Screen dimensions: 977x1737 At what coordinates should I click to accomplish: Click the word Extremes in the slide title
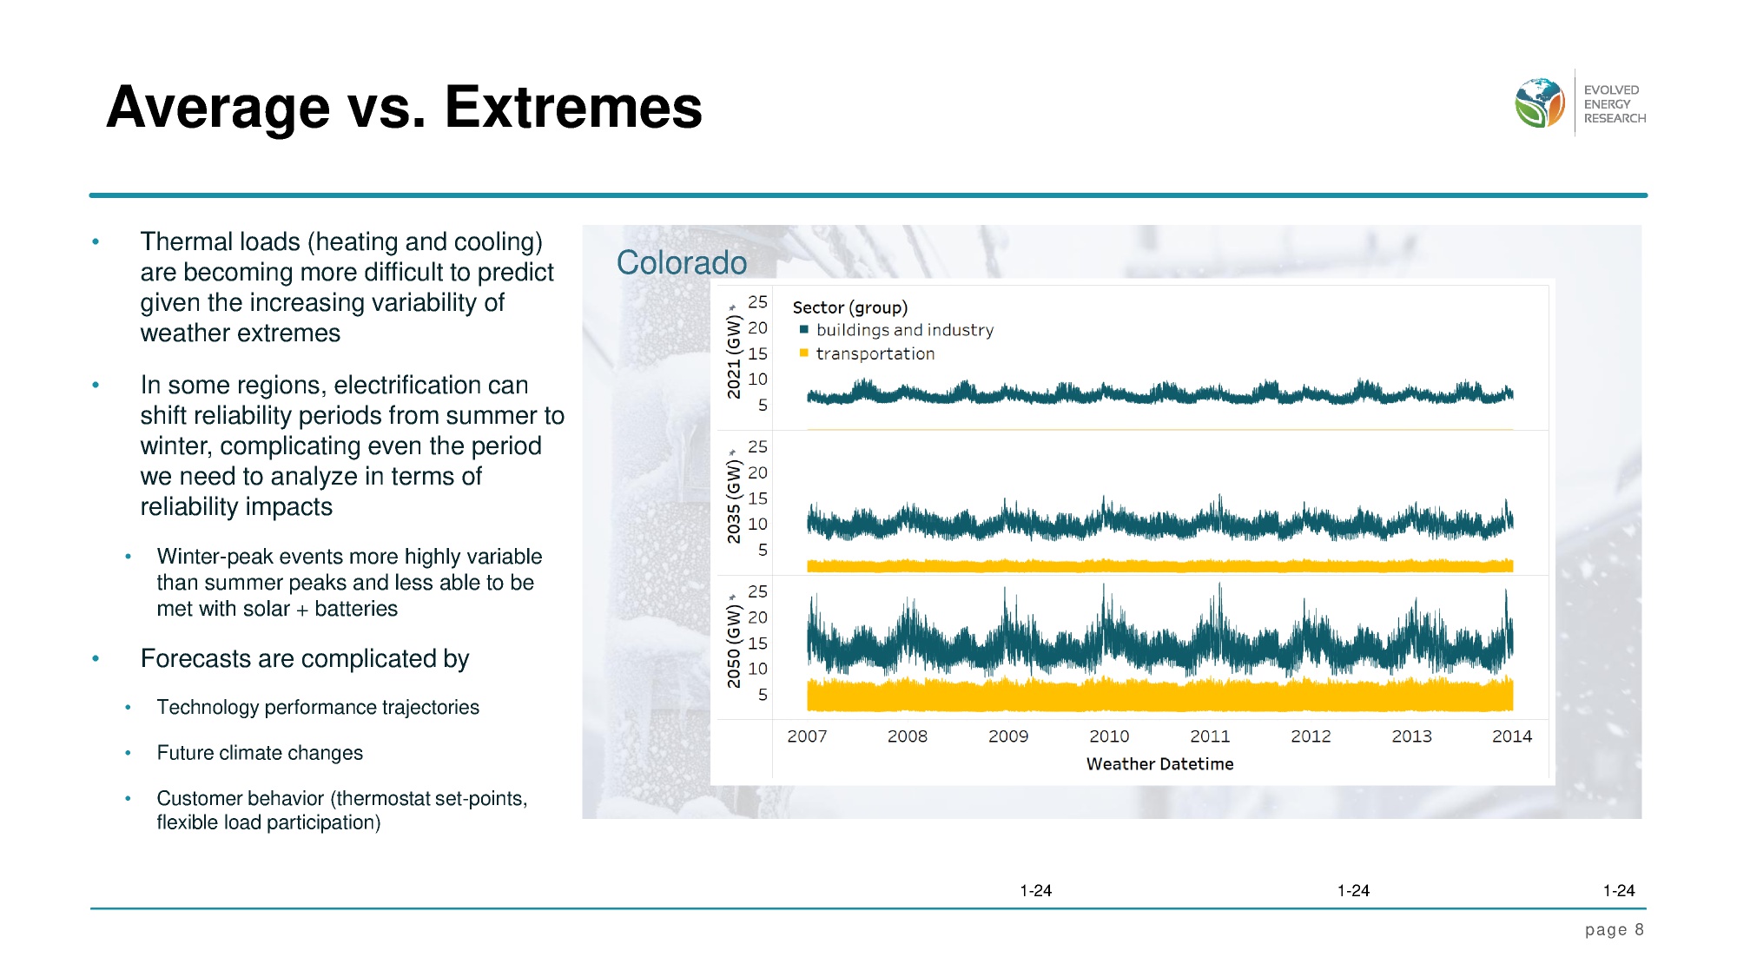tap(572, 108)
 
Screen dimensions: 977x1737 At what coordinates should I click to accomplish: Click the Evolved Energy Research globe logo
tap(1539, 102)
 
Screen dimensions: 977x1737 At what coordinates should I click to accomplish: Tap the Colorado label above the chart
tap(681, 262)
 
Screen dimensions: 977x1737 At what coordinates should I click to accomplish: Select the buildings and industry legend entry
tap(904, 330)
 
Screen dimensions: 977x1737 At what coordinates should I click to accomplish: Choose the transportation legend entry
tap(875, 353)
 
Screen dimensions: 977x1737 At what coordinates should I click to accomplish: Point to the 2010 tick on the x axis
tap(1109, 736)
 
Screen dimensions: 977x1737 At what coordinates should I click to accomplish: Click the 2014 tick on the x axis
tap(1511, 736)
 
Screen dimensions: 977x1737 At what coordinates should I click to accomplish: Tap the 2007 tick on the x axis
tap(807, 736)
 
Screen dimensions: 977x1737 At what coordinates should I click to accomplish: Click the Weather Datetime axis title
tap(1159, 764)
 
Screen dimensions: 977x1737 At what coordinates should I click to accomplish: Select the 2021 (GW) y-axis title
tap(735, 356)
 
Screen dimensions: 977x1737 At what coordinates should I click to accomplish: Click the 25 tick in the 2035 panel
tap(757, 447)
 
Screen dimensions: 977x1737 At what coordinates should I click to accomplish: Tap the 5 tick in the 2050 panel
tap(763, 695)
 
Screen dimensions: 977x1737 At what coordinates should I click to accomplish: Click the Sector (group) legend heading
tap(849, 307)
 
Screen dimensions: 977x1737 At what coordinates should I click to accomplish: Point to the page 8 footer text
tap(1614, 930)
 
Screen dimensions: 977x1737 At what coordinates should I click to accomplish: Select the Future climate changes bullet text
tap(260, 753)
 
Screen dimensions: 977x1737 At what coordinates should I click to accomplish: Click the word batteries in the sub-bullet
tap(356, 609)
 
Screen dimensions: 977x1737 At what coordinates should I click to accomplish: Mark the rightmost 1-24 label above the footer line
tap(1619, 891)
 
